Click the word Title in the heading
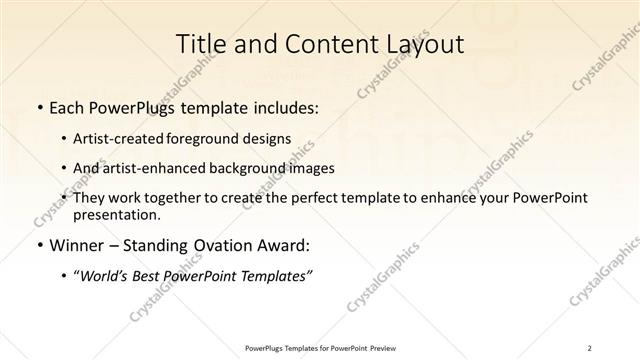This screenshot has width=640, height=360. point(200,45)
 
